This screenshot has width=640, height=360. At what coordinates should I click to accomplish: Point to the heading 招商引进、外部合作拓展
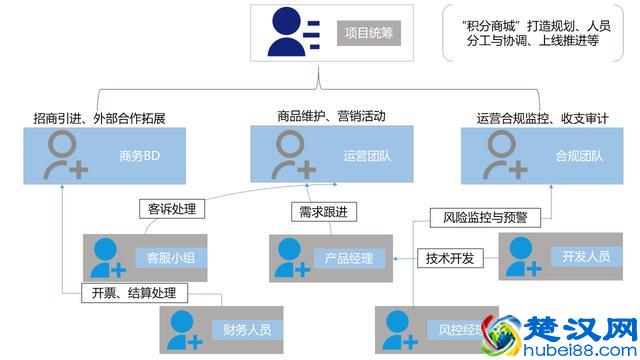click(x=98, y=119)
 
